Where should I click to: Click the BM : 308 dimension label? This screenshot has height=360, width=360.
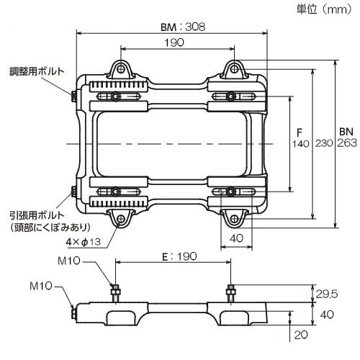pyautogui.click(x=183, y=27)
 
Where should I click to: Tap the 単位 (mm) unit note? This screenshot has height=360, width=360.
pyautogui.click(x=324, y=9)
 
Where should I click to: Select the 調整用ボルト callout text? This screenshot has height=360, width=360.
pyautogui.click(x=37, y=71)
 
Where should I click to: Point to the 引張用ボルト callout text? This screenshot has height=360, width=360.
pyautogui.click(x=37, y=215)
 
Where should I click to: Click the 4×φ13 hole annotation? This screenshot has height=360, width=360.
pyautogui.click(x=83, y=242)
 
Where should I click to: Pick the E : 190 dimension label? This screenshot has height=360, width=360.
pyautogui.click(x=179, y=256)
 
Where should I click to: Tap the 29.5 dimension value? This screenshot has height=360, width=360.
pyautogui.click(x=327, y=294)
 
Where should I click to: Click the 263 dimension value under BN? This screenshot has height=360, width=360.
pyautogui.click(x=347, y=143)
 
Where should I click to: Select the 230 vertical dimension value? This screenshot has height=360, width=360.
pyautogui.click(x=324, y=143)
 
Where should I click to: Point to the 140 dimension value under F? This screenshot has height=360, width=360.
pyautogui.click(x=300, y=144)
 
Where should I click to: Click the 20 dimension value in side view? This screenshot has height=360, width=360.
pyautogui.click(x=301, y=335)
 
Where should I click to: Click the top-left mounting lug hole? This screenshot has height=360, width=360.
pyautogui.click(x=121, y=69)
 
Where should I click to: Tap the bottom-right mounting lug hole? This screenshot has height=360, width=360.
pyautogui.click(x=235, y=219)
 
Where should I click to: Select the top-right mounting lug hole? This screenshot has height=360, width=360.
pyautogui.click(x=235, y=69)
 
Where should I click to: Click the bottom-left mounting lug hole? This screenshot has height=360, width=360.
pyautogui.click(x=121, y=219)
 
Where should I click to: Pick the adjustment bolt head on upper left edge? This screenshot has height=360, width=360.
pyautogui.click(x=73, y=96)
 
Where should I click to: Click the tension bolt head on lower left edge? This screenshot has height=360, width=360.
pyautogui.click(x=73, y=192)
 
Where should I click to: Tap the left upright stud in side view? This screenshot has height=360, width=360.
pyautogui.click(x=115, y=294)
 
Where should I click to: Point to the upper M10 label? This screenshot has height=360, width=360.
pyautogui.click(x=69, y=261)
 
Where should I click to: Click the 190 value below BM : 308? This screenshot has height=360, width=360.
pyautogui.click(x=174, y=42)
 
